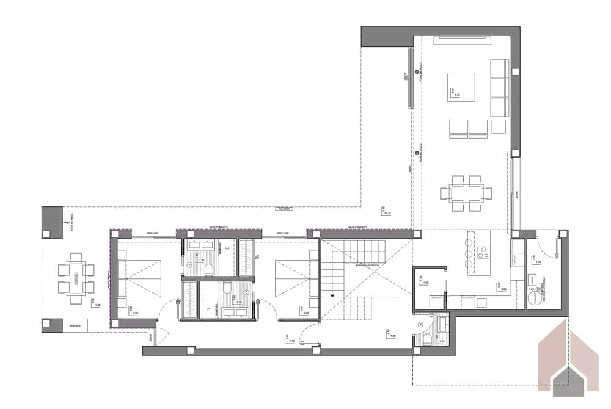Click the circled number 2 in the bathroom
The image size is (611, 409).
tap(189, 266)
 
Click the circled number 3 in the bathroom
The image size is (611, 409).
tap(246, 292)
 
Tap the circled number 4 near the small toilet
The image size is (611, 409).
tap(420, 324)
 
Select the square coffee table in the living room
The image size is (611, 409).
tap(461, 88)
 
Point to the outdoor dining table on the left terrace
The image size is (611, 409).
tap(76, 278)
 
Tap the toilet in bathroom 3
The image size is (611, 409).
tap(227, 288)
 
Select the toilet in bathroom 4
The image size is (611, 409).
tap(430, 339)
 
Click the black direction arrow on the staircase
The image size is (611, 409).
tap(332, 295)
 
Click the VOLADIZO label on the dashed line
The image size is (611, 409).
tap(282, 209)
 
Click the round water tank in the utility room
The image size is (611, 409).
tap(534, 297)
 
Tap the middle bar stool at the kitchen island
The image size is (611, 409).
tap(469, 253)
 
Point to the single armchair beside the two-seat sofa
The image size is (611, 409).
tap(499, 126)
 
